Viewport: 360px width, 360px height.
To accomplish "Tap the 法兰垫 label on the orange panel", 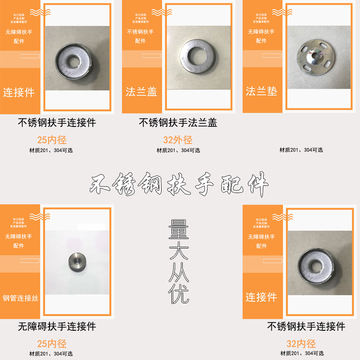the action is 261,91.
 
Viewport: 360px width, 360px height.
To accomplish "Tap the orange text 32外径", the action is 177,140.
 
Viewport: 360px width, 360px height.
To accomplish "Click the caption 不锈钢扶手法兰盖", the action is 177,122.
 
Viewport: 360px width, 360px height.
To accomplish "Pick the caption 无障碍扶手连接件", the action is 57,326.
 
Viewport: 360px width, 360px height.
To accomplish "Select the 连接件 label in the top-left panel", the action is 19,93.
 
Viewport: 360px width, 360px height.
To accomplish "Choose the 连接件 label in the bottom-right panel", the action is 261,297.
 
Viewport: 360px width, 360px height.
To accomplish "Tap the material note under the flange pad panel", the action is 301,150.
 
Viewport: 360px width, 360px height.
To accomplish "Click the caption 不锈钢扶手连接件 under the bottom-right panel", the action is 306,326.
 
